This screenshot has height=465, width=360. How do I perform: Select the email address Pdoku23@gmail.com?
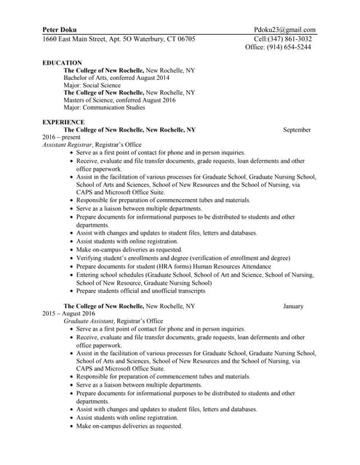(285, 29)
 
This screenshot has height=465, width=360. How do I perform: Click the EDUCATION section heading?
(63, 62)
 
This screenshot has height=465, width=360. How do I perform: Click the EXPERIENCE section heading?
(64, 122)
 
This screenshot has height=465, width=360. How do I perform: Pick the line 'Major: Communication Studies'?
(105, 108)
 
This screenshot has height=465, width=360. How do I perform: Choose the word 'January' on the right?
(293, 307)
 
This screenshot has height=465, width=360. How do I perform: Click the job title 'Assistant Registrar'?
(66, 145)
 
